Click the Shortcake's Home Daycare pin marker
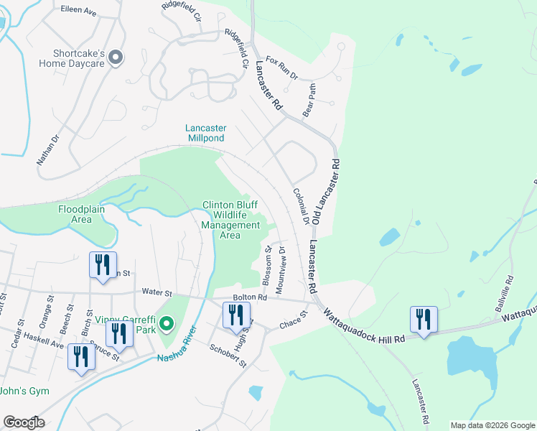(116, 57)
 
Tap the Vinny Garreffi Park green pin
(167, 325)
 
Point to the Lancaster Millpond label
(206, 133)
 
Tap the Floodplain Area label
(85, 214)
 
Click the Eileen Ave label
(80, 12)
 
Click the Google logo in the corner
(24, 422)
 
